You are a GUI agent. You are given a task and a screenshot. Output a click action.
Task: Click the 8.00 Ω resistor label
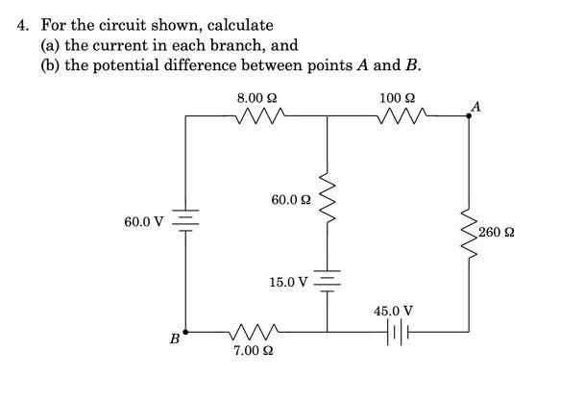click(x=257, y=98)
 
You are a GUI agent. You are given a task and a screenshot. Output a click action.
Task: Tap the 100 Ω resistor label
click(x=397, y=98)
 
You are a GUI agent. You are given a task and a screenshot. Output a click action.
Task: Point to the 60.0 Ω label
click(x=291, y=200)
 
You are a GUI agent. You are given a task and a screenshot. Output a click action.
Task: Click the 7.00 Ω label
click(x=255, y=352)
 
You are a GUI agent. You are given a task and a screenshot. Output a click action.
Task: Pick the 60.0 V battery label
click(x=144, y=222)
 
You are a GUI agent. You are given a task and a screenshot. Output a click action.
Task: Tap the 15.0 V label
click(x=288, y=283)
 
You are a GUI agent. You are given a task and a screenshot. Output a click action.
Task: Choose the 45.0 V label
click(x=394, y=311)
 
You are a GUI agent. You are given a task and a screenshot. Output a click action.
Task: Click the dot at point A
click(x=470, y=115)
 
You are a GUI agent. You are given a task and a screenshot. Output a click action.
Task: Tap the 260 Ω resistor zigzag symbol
click(x=470, y=233)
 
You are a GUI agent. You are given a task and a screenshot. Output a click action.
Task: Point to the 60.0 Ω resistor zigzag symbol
click(x=328, y=197)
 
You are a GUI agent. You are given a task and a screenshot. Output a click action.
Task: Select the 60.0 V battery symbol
click(x=185, y=223)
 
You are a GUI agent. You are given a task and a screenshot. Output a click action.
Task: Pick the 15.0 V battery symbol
click(x=328, y=282)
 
